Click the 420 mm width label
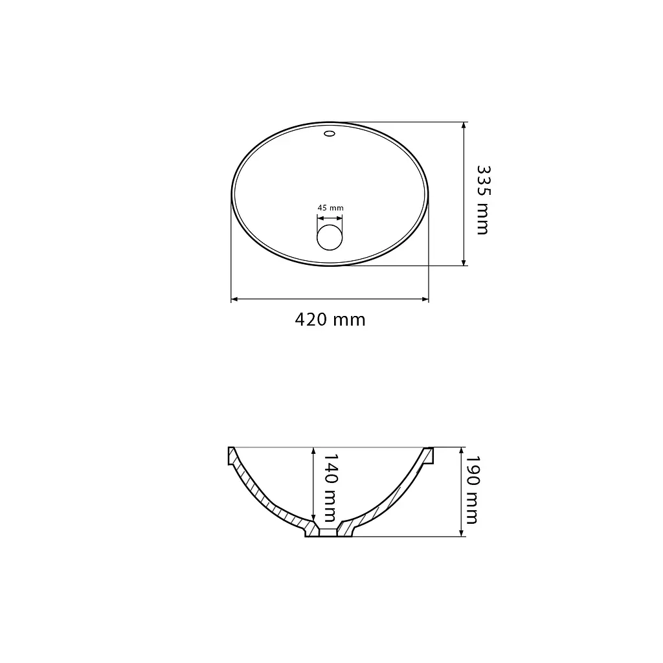pyautogui.click(x=330, y=320)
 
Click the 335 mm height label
pyautogui.click(x=483, y=199)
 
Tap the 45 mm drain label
pyautogui.click(x=330, y=208)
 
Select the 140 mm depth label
pyautogui.click(x=330, y=488)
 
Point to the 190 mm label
pyautogui.click(x=471, y=489)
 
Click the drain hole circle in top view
pyautogui.click(x=330, y=237)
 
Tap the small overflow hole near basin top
pyautogui.click(x=330, y=134)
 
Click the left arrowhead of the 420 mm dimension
pyautogui.click(x=234, y=299)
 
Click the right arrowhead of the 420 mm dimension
pyautogui.click(x=425, y=299)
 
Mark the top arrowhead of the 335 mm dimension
pyautogui.click(x=464, y=126)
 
